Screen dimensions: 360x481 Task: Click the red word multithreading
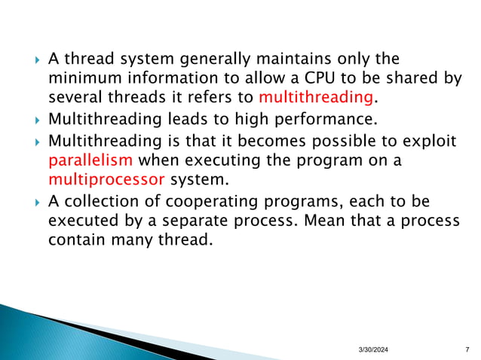coord(316,97)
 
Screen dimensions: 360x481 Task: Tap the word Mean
coord(325,221)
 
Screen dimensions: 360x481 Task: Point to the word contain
coord(74,242)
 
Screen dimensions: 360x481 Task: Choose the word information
coord(168,78)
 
